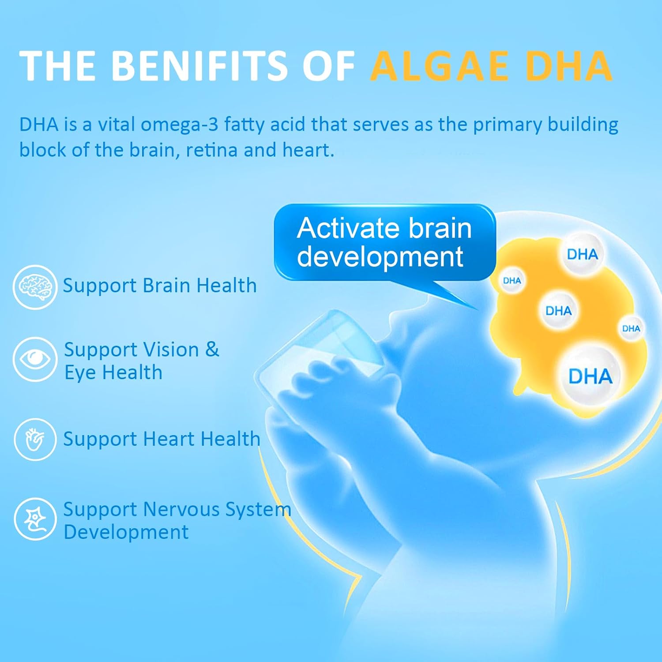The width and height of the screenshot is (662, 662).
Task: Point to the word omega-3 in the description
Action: (179, 125)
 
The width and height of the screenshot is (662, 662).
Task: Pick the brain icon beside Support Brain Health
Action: (35, 287)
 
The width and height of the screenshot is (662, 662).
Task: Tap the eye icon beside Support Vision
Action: (35, 359)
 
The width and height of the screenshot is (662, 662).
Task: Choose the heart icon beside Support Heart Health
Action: (35, 440)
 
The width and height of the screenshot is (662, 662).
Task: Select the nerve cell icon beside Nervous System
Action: (35, 519)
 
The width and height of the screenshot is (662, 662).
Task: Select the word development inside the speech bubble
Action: (380, 257)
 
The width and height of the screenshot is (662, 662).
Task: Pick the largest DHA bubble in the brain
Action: (590, 376)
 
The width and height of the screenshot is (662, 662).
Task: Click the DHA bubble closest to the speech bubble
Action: (512, 281)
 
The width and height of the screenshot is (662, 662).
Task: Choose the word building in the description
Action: (583, 125)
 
